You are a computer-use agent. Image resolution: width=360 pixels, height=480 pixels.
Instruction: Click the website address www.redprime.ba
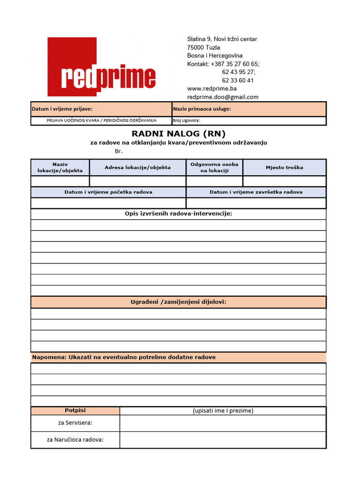coord(212,89)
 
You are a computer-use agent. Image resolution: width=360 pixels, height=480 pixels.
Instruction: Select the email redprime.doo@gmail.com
coord(223,97)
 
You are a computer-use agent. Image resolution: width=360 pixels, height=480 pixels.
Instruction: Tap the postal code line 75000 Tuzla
coord(203,47)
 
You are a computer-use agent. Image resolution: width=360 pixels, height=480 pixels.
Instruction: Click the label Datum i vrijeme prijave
coord(62,109)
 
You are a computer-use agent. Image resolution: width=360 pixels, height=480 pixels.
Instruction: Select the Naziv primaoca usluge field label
coord(202,109)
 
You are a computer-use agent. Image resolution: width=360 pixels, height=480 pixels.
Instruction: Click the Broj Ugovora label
coord(186,120)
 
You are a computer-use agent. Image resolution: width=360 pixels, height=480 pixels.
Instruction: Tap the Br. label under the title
coord(118,151)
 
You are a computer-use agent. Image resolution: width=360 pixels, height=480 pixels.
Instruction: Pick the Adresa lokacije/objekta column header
coord(137,167)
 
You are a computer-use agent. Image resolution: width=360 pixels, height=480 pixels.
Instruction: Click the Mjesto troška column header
coord(284,167)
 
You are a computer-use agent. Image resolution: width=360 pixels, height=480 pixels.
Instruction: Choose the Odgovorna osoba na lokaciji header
coord(214,167)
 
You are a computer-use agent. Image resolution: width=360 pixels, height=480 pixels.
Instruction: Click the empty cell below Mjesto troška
coord(284,181)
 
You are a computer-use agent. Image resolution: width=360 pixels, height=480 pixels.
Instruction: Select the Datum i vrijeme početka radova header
coord(108,192)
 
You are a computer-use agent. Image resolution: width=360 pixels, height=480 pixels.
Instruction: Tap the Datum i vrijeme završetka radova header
coord(256,192)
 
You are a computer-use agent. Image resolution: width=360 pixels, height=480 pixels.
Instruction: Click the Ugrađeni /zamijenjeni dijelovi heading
coord(178,302)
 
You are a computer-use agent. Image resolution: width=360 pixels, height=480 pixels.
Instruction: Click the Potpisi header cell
coord(75,411)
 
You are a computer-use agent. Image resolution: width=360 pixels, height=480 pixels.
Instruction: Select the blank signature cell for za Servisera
coord(223,423)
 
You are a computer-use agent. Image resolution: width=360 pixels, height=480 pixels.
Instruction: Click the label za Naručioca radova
coord(75,440)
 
